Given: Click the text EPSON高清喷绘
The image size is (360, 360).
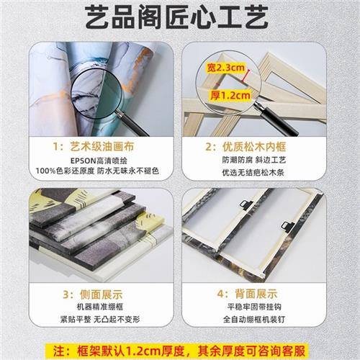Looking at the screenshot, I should point(97,161).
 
